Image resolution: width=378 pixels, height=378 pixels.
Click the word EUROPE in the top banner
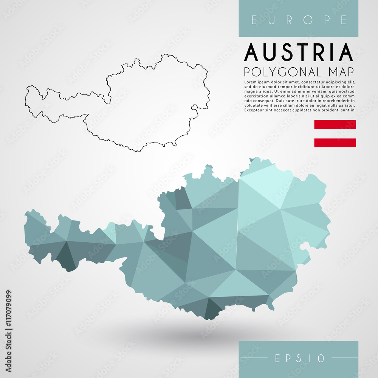click(x=299, y=20)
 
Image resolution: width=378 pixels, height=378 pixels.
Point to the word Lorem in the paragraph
click(x=251, y=82)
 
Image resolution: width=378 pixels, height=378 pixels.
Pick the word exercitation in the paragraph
click(x=258, y=96)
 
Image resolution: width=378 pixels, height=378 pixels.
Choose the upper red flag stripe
click(x=335, y=125)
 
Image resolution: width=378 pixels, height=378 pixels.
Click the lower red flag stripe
click(x=335, y=143)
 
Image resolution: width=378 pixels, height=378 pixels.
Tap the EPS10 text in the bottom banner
click(x=299, y=358)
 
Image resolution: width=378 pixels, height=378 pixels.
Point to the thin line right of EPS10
click(x=344, y=358)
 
